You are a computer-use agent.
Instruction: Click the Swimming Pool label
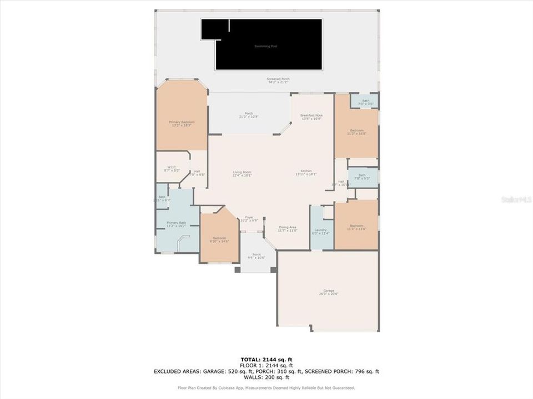click(265, 47)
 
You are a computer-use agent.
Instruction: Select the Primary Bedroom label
click(182, 124)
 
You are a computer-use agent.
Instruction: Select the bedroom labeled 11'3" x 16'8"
click(356, 132)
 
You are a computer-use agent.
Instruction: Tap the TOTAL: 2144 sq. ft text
click(266, 360)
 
